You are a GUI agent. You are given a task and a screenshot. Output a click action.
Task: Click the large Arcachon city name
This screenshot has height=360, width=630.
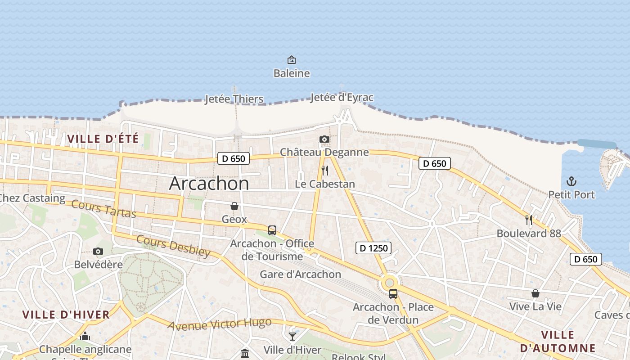coord(209,184)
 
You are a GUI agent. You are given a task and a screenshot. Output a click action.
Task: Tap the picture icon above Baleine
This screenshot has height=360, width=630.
coord(292,60)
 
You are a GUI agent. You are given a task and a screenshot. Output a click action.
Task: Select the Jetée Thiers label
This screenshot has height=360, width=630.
coord(234,99)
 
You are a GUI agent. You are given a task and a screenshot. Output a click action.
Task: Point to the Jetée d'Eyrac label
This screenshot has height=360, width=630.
coord(342,97)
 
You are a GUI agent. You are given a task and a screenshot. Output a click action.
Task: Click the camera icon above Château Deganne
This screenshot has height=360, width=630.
coord(324,139)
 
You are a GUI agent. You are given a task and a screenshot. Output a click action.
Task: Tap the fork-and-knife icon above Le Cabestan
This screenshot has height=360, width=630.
coord(324,171)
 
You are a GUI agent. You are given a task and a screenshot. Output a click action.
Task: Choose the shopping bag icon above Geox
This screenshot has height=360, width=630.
coord(234,206)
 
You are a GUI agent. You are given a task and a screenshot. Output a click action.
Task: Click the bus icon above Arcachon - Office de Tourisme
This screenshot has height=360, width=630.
coord(272,230)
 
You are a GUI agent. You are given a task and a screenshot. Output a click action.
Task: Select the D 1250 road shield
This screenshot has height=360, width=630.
coord(373,247)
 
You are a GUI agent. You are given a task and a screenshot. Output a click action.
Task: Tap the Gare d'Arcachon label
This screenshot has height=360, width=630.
coord(301,274)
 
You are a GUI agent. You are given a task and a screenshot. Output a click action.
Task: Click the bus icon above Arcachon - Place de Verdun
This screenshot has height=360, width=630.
coord(393,294)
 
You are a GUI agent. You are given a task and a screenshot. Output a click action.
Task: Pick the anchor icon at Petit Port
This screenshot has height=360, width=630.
coord(571,181)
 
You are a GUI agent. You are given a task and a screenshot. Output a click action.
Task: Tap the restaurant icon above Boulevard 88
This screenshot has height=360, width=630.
coord(529,220)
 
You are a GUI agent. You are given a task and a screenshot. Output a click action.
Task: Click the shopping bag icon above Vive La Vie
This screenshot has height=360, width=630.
coord(535,293)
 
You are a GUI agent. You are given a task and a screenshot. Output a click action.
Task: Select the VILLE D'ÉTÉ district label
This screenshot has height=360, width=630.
coord(103,139)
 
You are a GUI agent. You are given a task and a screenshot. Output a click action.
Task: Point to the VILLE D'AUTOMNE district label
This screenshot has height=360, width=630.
coord(558,342)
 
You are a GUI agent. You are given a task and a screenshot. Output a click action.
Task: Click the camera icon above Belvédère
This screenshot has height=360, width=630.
coord(98,251)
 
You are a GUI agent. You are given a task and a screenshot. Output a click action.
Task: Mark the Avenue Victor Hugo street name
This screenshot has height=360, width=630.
coord(220,324)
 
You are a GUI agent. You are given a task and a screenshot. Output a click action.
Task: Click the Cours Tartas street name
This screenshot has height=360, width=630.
coord(104,209)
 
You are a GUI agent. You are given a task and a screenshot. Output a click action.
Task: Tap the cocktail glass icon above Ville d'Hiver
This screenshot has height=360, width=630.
coord(292,336)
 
